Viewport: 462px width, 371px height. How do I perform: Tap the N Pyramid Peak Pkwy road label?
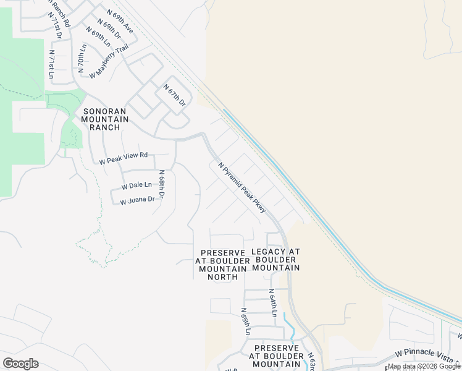[242, 187]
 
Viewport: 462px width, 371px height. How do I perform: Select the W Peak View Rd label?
[124, 158]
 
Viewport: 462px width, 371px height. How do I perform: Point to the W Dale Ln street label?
[136, 185]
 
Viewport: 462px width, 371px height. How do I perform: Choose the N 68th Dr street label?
[162, 185]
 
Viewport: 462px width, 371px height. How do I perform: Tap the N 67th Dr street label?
[174, 97]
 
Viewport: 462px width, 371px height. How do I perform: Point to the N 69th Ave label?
[120, 20]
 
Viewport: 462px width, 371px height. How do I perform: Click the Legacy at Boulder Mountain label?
[276, 260]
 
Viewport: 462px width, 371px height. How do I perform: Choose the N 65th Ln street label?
[245, 322]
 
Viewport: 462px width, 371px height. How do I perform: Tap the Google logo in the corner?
[20, 364]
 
